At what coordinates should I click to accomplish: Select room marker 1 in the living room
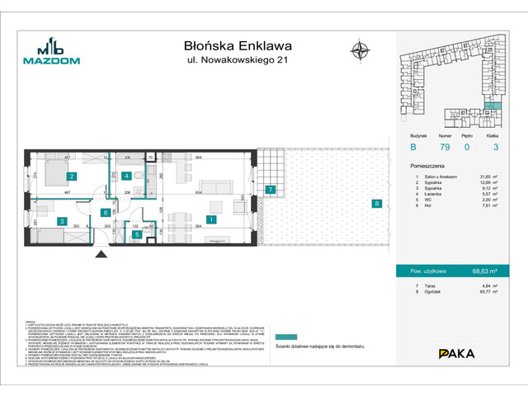coord(211,220)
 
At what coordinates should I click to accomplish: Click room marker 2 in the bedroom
coord(72,177)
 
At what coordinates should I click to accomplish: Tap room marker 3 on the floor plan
coord(61,221)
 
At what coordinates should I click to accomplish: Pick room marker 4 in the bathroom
coord(126,176)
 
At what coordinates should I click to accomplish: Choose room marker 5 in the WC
coord(136,234)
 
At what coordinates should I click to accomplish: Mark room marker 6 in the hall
coord(106,213)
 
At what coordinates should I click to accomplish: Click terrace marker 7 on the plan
coord(270,191)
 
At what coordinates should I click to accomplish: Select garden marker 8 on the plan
coord(376,203)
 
